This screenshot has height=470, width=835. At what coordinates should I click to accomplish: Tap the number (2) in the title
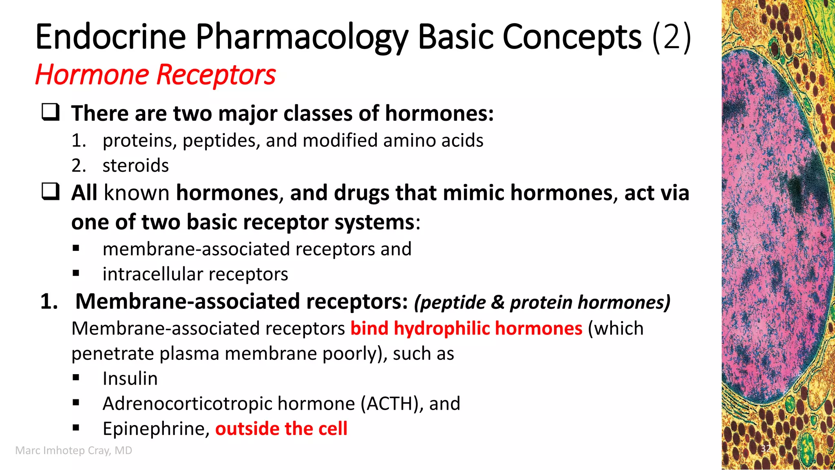point(672,38)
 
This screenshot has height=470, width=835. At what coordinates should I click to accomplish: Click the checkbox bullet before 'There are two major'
point(51,112)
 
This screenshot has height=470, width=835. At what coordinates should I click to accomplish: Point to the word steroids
point(135,166)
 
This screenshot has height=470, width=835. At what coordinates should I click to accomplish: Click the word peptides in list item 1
point(221,141)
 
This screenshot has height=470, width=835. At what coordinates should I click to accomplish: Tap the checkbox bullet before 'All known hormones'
point(51,192)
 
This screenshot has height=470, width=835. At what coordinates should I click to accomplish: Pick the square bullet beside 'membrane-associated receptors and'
point(76,248)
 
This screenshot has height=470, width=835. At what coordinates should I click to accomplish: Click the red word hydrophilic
point(442,328)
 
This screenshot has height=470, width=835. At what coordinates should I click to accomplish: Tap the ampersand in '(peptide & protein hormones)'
point(497,302)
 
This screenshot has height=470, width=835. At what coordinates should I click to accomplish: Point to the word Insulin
point(130,379)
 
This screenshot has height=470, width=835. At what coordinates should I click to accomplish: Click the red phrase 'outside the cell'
point(281,429)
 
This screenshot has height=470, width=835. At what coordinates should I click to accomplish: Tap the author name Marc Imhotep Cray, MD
point(74,450)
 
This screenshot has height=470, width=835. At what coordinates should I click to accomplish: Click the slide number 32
point(766,449)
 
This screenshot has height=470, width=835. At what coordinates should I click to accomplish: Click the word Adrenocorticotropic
point(188,404)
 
